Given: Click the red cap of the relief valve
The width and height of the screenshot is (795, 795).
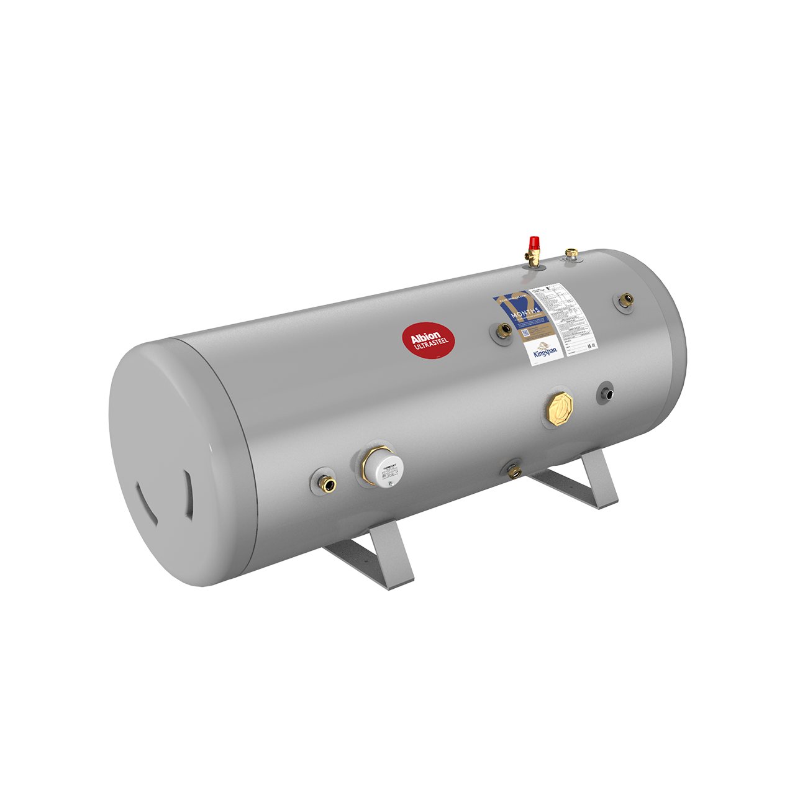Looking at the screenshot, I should (533, 242).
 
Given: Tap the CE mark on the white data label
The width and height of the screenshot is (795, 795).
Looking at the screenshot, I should (593, 345).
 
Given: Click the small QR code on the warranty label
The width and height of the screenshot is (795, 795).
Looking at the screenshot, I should (524, 331).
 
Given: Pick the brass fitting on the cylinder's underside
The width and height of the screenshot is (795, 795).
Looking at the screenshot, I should (514, 471).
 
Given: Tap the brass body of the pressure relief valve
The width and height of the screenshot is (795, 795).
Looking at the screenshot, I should (534, 257).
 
